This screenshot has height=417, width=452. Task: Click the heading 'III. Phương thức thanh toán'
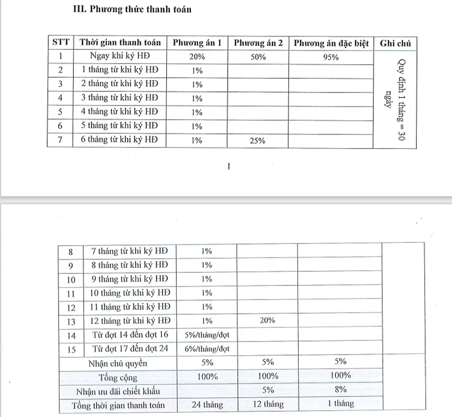[x=133, y=10]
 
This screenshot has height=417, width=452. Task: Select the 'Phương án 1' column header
[x=197, y=43]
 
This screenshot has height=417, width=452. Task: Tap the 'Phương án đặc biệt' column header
[x=331, y=43]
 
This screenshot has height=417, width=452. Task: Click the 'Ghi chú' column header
[x=395, y=43]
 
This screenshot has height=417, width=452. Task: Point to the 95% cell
[x=331, y=57]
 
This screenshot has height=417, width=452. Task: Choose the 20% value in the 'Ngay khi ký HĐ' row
[x=197, y=57]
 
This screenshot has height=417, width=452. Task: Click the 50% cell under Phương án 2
[x=258, y=57]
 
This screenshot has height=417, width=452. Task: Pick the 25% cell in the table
[x=258, y=141]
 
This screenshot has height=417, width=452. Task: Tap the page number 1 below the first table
[x=228, y=166]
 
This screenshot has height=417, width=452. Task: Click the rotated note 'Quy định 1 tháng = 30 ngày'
[x=395, y=99]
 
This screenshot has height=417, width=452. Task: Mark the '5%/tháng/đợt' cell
[x=207, y=334]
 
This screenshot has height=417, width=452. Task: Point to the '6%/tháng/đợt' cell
[x=207, y=348]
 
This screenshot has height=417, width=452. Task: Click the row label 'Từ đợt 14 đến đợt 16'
[x=131, y=334]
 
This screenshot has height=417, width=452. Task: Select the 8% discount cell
[x=341, y=390]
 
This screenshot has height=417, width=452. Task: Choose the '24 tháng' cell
[x=207, y=405]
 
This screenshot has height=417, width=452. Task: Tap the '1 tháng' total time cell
[x=341, y=404]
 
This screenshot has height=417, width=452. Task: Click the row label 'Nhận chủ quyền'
[x=118, y=363]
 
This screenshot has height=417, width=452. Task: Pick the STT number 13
[x=71, y=321]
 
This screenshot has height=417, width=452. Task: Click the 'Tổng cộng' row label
[x=118, y=377]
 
